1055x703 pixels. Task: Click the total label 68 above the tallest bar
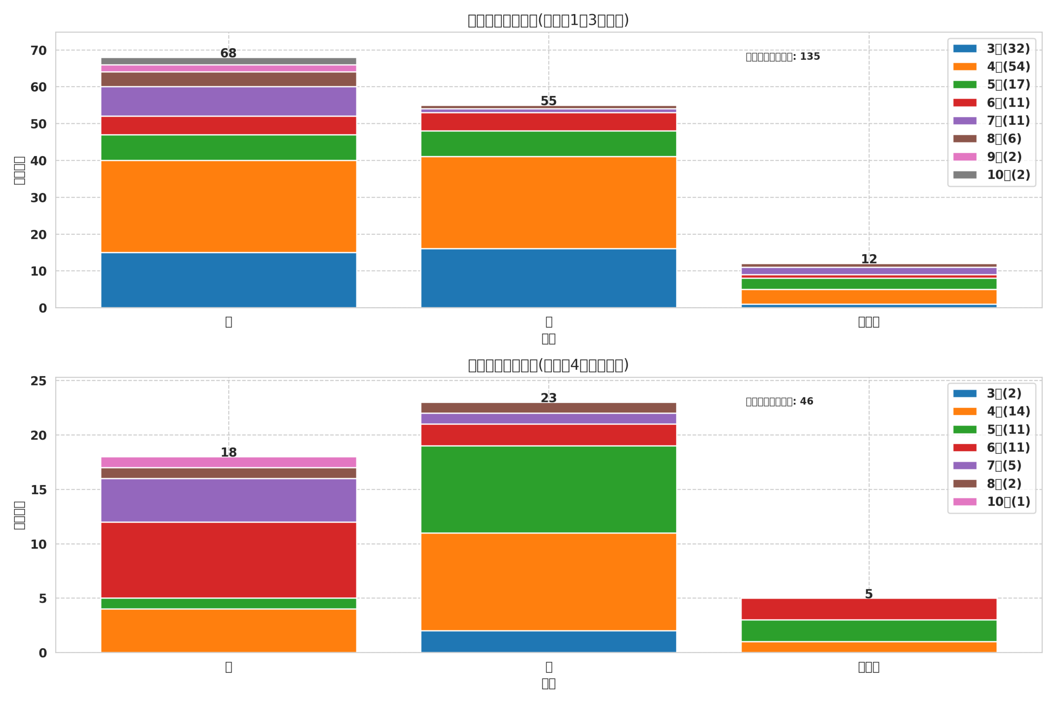point(228,54)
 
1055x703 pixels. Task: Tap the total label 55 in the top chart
point(548,101)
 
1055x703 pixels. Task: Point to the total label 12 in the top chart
point(868,259)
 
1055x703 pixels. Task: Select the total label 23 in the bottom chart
point(548,398)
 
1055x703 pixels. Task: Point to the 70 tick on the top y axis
point(39,51)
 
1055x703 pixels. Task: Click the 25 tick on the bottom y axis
point(39,381)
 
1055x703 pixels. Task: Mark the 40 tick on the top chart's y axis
point(39,161)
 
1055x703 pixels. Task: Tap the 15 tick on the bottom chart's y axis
point(39,490)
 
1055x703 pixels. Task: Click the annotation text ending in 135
point(782,57)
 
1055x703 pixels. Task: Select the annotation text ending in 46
point(779,402)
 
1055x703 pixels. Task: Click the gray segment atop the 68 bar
point(228,61)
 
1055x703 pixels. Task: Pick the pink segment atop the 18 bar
point(228,462)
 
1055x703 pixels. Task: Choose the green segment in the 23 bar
point(548,489)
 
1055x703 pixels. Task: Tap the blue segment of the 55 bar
point(548,278)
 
